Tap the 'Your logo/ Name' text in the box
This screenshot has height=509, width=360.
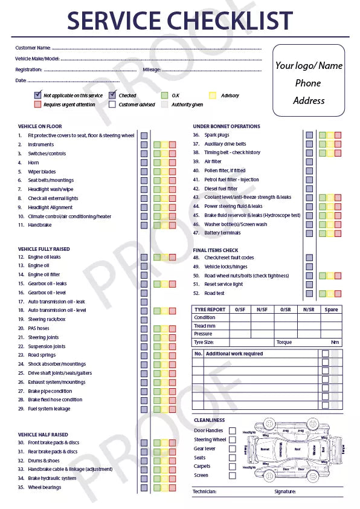[x=309, y=65]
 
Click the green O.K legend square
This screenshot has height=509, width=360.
[x=165, y=96]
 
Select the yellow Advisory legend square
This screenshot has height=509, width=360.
[x=212, y=96]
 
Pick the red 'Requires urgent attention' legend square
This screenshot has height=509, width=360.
[x=37, y=105]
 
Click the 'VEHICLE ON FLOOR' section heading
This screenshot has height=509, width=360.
[x=40, y=126]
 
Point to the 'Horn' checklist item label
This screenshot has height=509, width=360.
[x=33, y=163]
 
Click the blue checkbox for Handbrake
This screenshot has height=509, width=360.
[x=144, y=225]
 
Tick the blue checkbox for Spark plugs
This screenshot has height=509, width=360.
[x=309, y=135]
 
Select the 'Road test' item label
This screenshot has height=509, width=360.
[x=215, y=293]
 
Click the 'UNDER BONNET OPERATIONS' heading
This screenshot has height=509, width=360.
[x=227, y=126]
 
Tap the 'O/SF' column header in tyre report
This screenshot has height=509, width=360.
[x=240, y=310]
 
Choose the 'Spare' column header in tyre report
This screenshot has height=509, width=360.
[x=331, y=310]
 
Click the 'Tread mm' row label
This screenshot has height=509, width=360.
[x=204, y=326]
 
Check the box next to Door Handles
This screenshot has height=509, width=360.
[x=233, y=430]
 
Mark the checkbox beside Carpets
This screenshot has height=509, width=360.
[x=233, y=467]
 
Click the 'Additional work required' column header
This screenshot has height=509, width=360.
[x=234, y=354]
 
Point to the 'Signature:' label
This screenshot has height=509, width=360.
[x=284, y=491]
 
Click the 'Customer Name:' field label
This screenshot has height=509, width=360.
[x=33, y=48]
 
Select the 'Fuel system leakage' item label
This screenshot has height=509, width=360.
[x=49, y=409]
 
